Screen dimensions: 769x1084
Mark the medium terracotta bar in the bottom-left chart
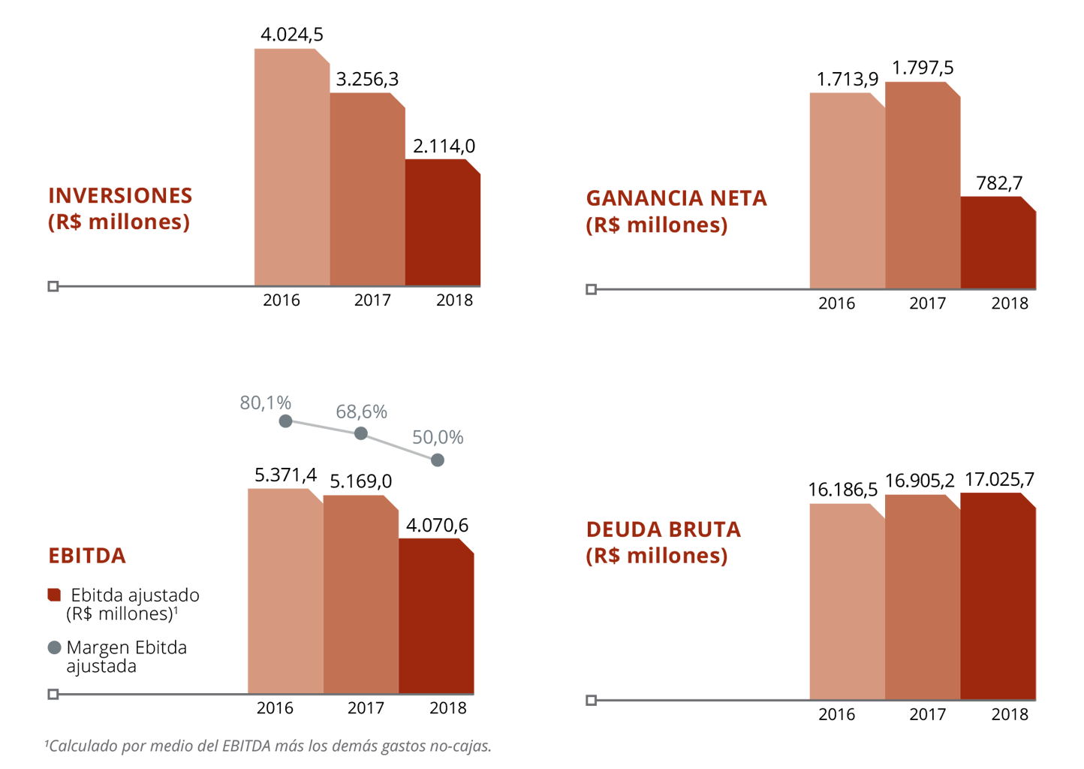point(360,593)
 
